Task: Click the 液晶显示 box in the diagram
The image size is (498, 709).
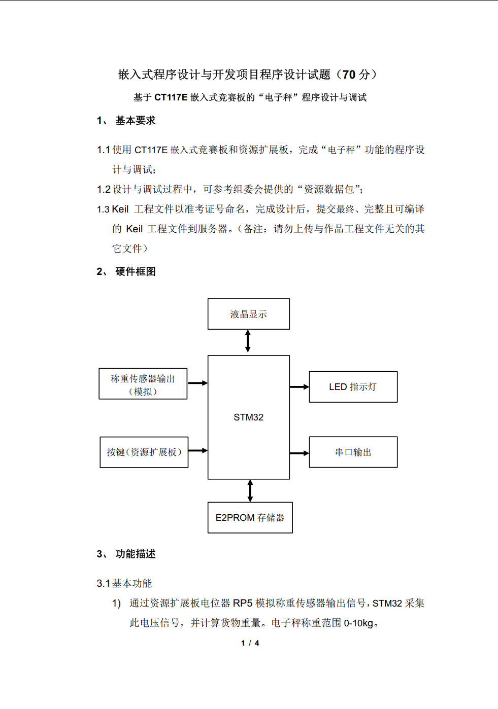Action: point(249,314)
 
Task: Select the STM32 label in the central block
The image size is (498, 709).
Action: point(248,417)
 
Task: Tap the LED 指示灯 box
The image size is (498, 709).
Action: point(353,387)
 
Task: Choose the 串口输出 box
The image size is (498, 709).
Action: point(353,452)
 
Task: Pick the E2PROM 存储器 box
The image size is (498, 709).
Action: point(250,517)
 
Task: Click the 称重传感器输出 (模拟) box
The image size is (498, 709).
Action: point(143,384)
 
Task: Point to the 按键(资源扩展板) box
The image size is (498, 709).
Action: point(144,452)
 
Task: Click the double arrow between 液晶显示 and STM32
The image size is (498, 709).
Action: point(248,341)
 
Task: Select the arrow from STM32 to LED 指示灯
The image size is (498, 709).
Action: point(299,387)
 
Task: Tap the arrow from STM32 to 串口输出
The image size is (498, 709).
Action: point(299,453)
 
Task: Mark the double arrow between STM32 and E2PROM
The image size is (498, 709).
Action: point(250,490)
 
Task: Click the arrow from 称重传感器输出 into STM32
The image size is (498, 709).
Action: point(197,383)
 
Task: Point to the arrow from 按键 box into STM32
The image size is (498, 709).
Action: point(198,450)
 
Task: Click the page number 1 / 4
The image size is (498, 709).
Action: point(250,643)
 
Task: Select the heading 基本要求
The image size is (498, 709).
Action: point(135,121)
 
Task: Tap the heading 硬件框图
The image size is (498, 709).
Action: point(135,272)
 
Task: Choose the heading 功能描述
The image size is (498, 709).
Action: point(135,554)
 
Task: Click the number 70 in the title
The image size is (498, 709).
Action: point(349,75)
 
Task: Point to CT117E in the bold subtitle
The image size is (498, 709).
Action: point(171,97)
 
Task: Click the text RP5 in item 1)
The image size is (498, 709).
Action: point(243,603)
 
